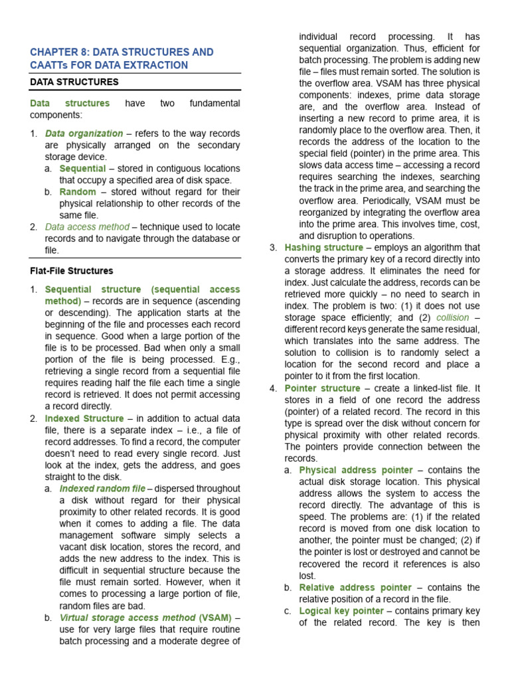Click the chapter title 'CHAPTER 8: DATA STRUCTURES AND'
[122, 52]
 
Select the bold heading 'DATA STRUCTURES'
[74, 82]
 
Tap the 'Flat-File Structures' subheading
[72, 271]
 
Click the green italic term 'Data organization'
[84, 133]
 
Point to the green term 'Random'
[78, 192]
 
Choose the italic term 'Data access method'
[87, 227]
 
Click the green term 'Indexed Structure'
[84, 418]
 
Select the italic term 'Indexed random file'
[102, 489]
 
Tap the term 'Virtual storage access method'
[127, 618]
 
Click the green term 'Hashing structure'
[324, 247]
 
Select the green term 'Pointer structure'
[323, 388]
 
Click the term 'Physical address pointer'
[356, 470]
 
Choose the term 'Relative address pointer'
[356, 588]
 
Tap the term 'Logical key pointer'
[342, 611]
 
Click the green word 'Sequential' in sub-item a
[83, 169]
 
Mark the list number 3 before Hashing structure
[273, 247]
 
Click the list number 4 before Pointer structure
[273, 388]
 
